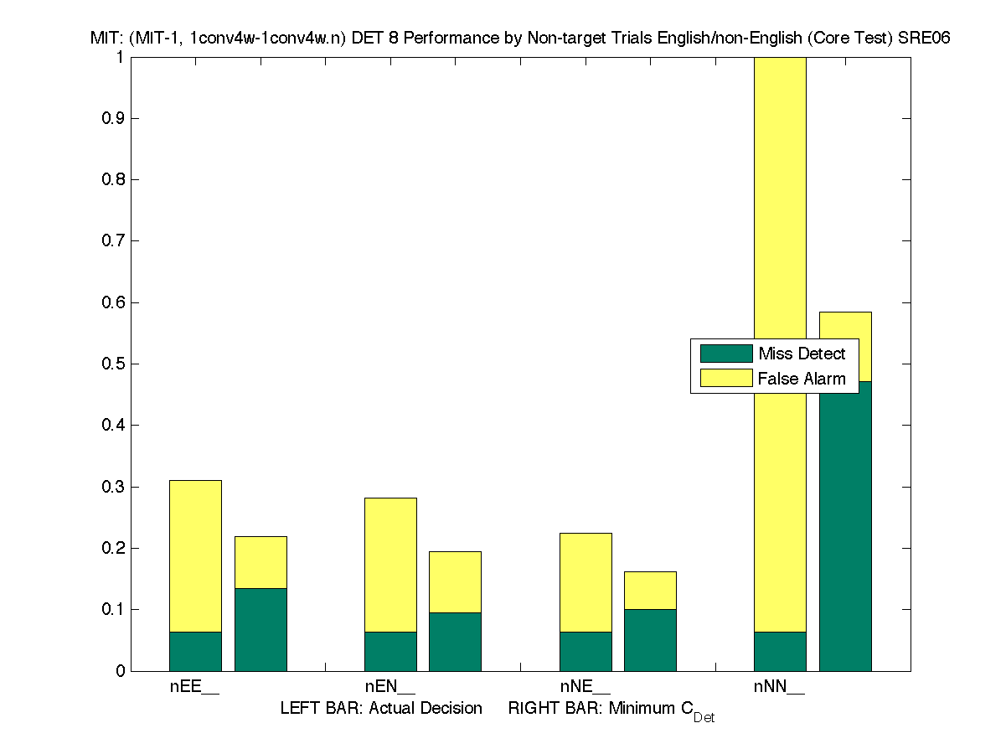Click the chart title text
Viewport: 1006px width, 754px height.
point(519,38)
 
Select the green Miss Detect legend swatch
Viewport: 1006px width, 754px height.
point(725,354)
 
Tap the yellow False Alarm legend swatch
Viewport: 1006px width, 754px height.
point(725,379)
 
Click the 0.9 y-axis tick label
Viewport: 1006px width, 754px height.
point(116,119)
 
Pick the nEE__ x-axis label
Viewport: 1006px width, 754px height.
point(195,687)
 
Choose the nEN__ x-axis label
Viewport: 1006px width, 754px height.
point(390,687)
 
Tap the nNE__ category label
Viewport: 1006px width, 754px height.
point(586,687)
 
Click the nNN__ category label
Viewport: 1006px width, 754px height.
point(780,687)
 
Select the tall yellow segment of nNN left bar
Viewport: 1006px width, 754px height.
point(780,209)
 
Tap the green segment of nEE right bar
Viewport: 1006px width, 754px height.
point(261,629)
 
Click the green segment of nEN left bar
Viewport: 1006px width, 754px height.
point(390,651)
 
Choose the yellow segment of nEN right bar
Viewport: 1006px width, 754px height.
point(455,581)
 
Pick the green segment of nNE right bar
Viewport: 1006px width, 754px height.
point(650,640)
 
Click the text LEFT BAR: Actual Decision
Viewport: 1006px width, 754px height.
point(381,709)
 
